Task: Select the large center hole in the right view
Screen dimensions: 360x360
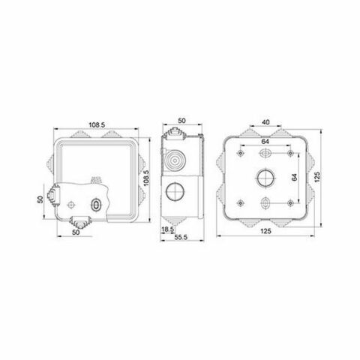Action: pos(266,178)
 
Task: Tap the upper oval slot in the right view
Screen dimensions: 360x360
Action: pos(266,153)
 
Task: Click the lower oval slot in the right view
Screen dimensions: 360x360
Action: pos(266,202)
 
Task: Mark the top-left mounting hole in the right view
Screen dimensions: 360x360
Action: pos(239,152)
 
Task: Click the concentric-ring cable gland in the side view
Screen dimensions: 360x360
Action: pos(178,160)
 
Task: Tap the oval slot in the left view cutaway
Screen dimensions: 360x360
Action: pos(95,204)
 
